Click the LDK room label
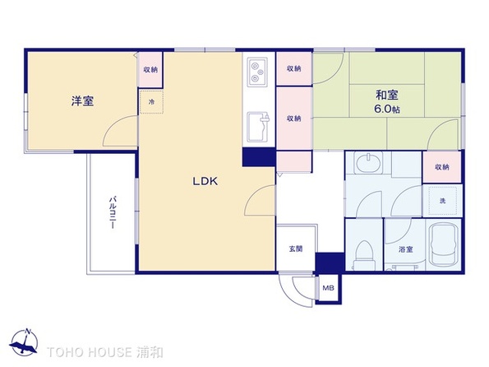pyautogui.click(x=205, y=181)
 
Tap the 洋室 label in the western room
pyautogui.click(x=82, y=101)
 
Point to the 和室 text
pyautogui.click(x=387, y=95)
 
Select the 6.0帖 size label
pyautogui.click(x=387, y=109)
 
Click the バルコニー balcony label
pyautogui.click(x=113, y=212)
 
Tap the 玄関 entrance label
pyautogui.click(x=295, y=249)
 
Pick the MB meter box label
pyautogui.click(x=328, y=288)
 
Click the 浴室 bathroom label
pyautogui.click(x=406, y=249)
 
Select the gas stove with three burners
pyautogui.click(x=257, y=72)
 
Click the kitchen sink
pyautogui.click(x=258, y=127)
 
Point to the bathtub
pyautogui.click(x=443, y=245)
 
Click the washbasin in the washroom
pyautogui.click(x=369, y=162)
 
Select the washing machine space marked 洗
pyautogui.click(x=443, y=201)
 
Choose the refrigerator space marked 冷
pyautogui.click(x=151, y=102)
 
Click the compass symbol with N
pyautogui.click(x=24, y=342)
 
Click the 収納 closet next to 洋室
pyautogui.click(x=150, y=70)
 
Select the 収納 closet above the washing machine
pyautogui.click(x=442, y=167)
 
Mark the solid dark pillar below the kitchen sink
pyautogui.click(x=259, y=157)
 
